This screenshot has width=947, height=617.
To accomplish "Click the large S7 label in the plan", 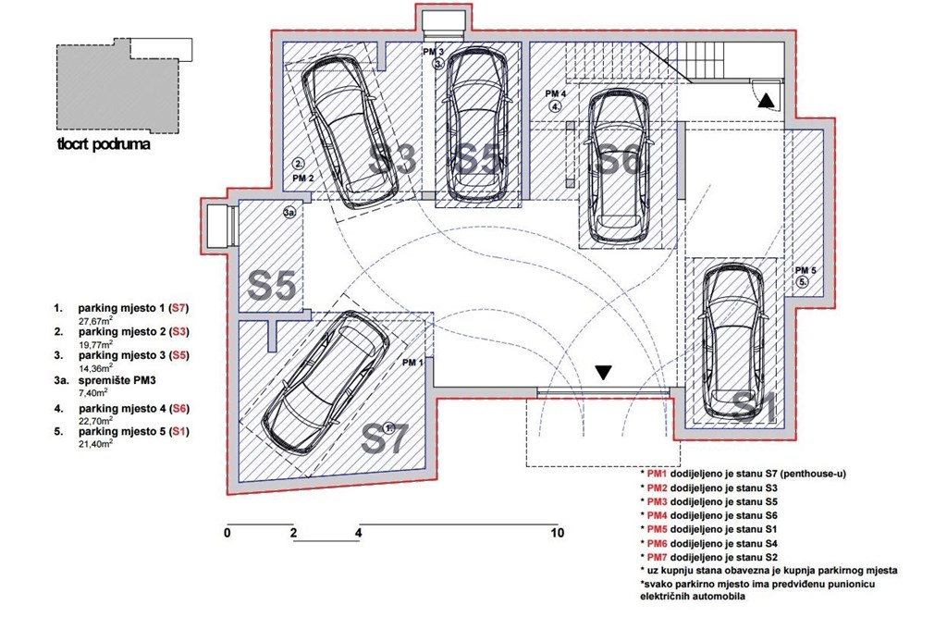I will pos(385,438).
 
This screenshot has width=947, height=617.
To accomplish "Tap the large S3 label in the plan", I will pos(393,159).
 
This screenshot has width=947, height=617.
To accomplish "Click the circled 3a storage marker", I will pos(289,213).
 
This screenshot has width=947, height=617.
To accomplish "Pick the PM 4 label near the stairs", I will pos(556,94).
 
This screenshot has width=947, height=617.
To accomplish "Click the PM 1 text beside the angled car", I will pos(412,363).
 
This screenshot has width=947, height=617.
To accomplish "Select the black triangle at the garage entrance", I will pos(603,373).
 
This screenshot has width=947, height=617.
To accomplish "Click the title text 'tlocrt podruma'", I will pos(104,144).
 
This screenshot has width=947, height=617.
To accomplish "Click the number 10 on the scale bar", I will pos(557,534).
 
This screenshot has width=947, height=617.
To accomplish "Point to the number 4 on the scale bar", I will pos(358,534).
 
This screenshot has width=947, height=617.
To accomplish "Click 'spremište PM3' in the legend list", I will pos(120,380).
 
